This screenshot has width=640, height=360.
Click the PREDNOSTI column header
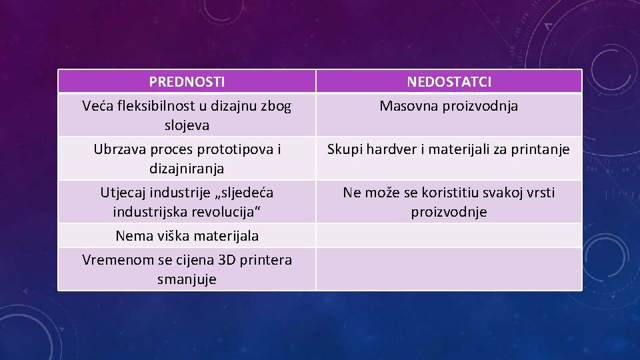187,82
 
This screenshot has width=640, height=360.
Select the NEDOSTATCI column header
449,82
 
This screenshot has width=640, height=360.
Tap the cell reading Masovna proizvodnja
449,106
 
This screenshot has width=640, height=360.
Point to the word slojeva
187,125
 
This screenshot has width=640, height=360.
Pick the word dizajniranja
187,168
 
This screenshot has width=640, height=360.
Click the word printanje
540,149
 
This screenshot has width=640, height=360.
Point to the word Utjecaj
123,193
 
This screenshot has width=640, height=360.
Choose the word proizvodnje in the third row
449,212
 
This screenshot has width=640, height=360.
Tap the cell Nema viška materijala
187,236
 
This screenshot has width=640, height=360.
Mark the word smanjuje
187,279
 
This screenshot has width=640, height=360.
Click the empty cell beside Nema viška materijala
449,236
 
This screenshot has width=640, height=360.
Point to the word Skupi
345,149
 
